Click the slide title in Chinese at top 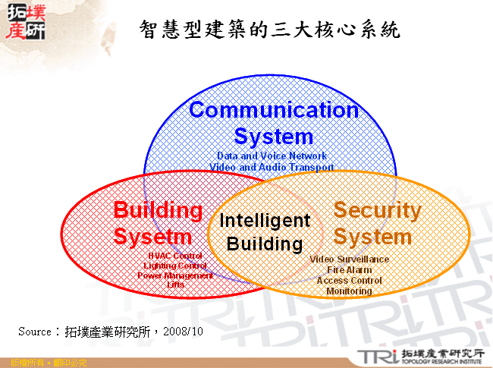pyautogui.click(x=270, y=30)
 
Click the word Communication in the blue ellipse pyautogui.click(x=273, y=110)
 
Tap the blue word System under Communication pyautogui.click(x=273, y=137)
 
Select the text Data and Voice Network pyautogui.click(x=272, y=156)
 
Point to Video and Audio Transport pyautogui.click(x=272, y=166)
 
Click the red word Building pyautogui.click(x=158, y=210)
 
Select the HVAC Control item pyautogui.click(x=175, y=256)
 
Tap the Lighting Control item pyautogui.click(x=175, y=266)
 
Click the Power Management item pyautogui.click(x=175, y=275)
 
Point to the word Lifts pyautogui.click(x=175, y=285)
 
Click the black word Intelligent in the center pyautogui.click(x=265, y=221)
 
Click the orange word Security pyautogui.click(x=377, y=210)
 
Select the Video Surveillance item pyautogui.click(x=350, y=259)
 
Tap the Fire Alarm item pyautogui.click(x=350, y=270)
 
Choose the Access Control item pyautogui.click(x=350, y=280)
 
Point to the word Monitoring pyautogui.click(x=350, y=291)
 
